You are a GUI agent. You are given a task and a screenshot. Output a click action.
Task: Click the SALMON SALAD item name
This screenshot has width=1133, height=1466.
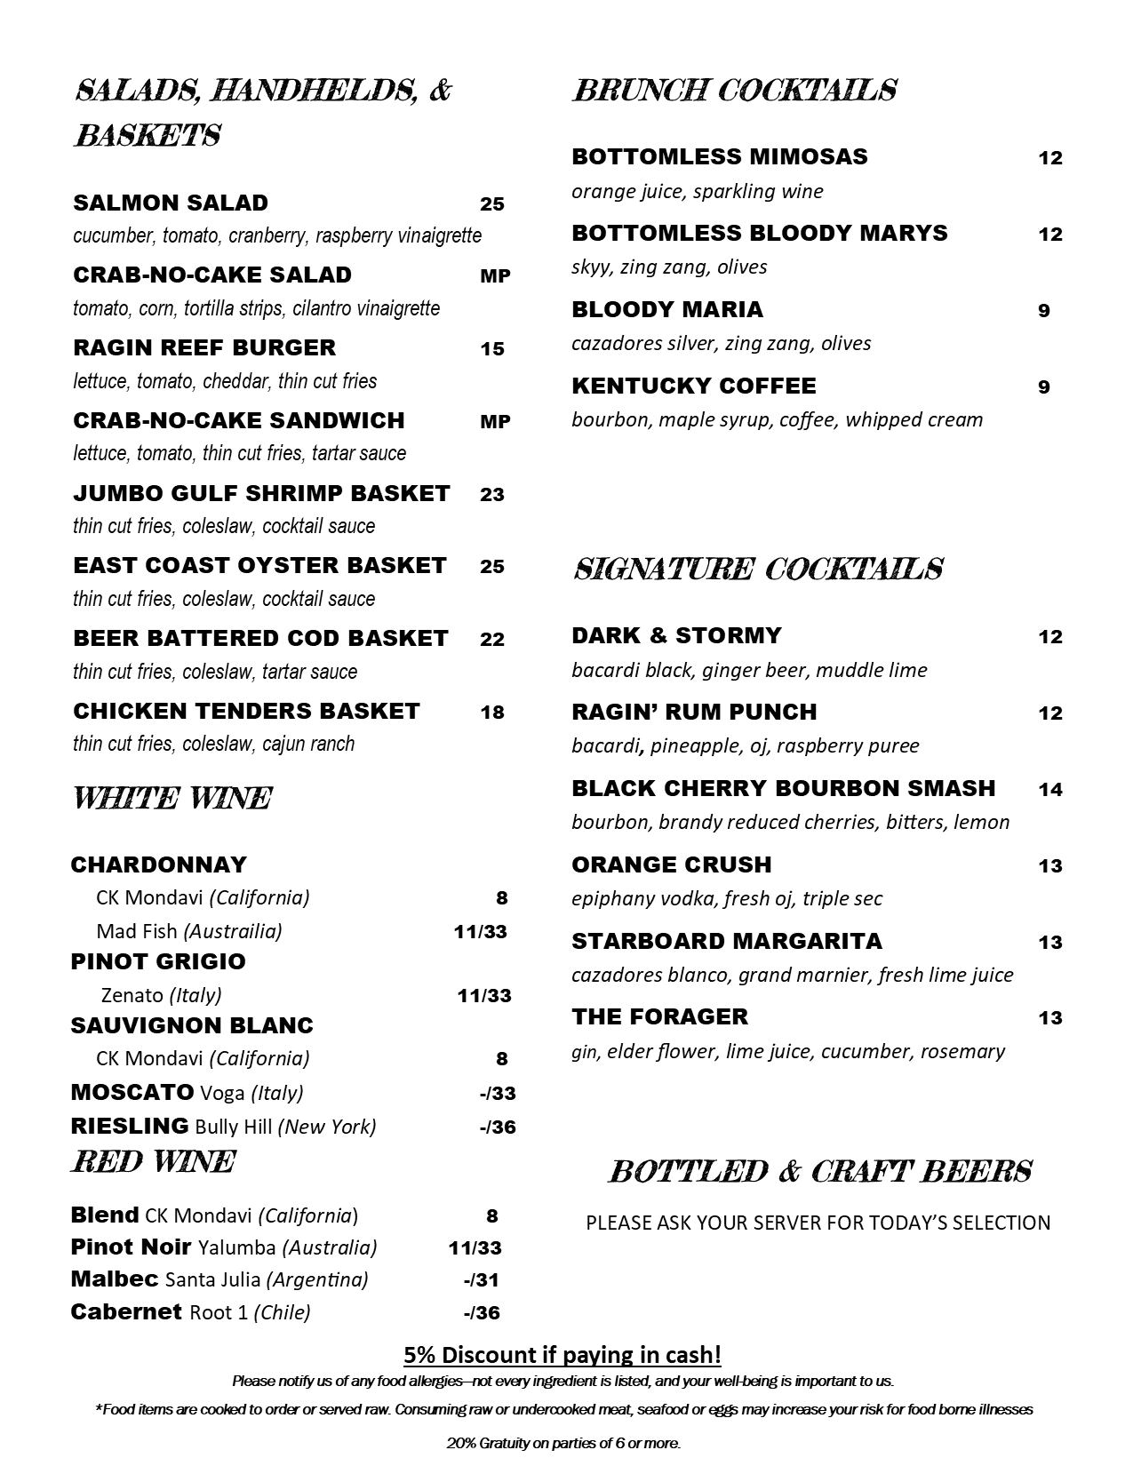(171, 203)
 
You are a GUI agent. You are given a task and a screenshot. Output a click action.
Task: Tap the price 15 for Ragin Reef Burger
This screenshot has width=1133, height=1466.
(492, 349)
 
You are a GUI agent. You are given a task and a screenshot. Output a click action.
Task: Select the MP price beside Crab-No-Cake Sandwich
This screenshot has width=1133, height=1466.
(495, 422)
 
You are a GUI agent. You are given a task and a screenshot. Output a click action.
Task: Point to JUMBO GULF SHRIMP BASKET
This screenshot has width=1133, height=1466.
(261, 494)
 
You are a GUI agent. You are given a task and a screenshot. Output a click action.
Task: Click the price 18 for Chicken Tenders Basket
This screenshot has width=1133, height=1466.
(492, 712)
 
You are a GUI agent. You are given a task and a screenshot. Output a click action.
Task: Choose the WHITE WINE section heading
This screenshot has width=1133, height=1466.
(172, 799)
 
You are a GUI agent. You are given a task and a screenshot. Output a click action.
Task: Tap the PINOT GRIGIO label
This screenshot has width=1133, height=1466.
(158, 962)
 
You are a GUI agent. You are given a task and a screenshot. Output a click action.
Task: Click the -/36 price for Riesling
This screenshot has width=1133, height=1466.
(497, 1127)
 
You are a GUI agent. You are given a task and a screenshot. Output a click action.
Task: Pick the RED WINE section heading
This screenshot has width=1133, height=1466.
(153, 1162)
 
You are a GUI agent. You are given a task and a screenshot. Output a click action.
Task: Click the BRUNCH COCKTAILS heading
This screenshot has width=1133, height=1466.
(734, 91)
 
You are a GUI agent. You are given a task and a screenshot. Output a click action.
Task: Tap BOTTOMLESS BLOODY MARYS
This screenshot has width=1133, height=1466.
(760, 234)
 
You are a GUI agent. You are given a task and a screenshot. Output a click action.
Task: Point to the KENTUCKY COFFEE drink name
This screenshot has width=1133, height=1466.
(694, 386)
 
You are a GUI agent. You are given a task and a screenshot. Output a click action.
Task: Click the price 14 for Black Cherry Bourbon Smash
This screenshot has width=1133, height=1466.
(1050, 790)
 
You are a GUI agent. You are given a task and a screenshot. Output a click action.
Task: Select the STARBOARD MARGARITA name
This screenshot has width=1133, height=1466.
(727, 942)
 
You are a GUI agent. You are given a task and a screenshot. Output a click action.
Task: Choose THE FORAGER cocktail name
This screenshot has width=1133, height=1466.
(660, 1017)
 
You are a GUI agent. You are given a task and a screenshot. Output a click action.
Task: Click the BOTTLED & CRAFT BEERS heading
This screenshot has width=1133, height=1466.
(819, 1172)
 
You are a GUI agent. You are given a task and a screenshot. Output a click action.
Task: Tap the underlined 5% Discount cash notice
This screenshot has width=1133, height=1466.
(563, 1355)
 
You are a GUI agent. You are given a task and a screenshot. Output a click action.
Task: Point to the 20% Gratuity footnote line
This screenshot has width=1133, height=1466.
(563, 1444)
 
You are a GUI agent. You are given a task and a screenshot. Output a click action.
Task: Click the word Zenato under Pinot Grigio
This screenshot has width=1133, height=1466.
(132, 995)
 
